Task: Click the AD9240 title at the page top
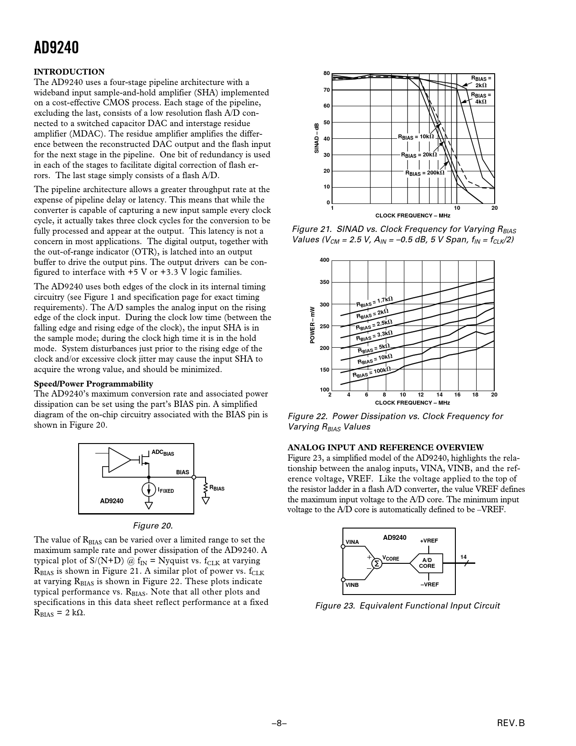[x=56, y=47]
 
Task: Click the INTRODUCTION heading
[x=69, y=72]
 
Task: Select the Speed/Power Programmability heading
[x=94, y=384]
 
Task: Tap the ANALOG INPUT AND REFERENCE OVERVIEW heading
[x=385, y=448]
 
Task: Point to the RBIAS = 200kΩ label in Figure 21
[x=425, y=173]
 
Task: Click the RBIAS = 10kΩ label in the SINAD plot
[x=416, y=136]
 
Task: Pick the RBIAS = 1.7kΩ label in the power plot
[x=375, y=301]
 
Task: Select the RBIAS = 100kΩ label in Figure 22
[x=371, y=372]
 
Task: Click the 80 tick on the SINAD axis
[x=327, y=73]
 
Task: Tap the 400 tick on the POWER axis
[x=324, y=260]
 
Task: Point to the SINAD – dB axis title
[x=317, y=138]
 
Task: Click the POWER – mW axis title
[x=312, y=325]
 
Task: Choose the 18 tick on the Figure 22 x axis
[x=475, y=395]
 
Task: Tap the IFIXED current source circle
[x=149, y=489]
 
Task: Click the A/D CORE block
[x=426, y=563]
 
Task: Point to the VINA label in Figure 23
[x=352, y=542]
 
